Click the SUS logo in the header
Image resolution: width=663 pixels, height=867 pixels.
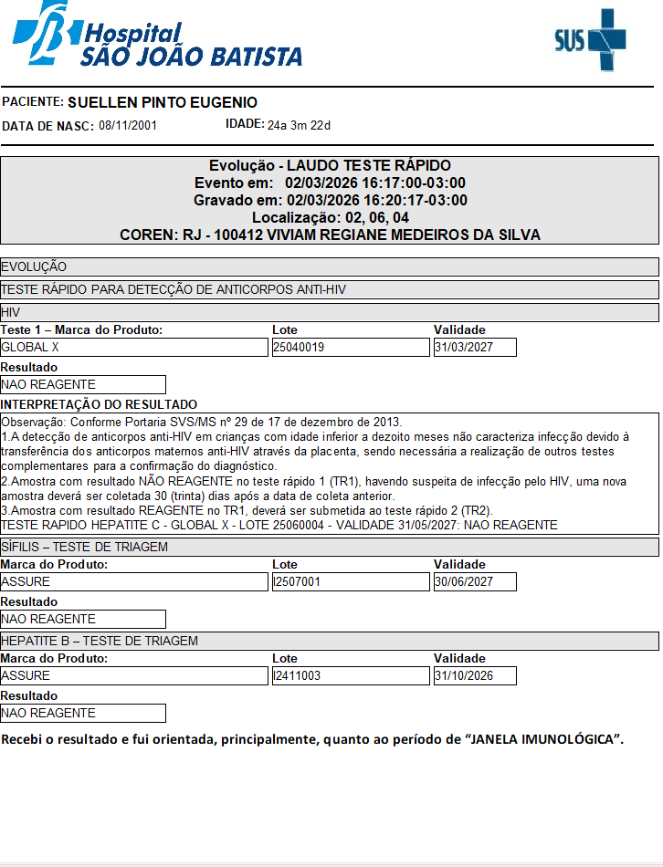(591, 39)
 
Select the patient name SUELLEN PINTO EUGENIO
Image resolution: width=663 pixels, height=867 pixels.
(163, 103)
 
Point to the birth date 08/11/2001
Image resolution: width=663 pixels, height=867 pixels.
(128, 126)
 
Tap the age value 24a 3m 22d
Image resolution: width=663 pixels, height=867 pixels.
(299, 125)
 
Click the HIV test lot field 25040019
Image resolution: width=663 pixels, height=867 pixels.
(351, 348)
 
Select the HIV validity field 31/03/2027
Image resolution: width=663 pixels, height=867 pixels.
(475, 348)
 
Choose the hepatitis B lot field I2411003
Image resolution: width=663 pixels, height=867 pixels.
(351, 676)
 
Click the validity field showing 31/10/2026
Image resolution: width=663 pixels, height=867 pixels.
(475, 676)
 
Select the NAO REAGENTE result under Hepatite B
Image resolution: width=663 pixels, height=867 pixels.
(83, 714)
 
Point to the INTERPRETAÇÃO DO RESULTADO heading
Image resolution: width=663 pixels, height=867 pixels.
(99, 404)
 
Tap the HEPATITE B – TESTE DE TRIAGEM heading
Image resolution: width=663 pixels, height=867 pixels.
(100, 641)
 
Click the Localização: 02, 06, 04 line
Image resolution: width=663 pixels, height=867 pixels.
(330, 217)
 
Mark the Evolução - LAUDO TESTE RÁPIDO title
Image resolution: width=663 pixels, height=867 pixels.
(330, 165)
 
